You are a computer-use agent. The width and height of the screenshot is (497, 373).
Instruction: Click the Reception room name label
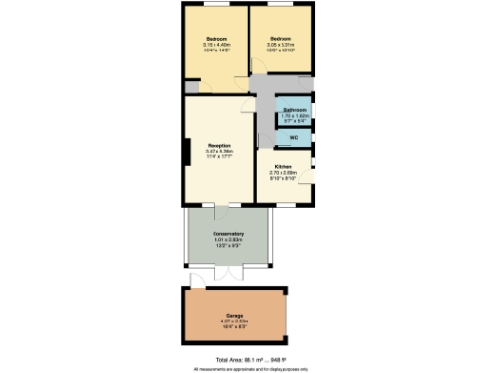pos(217,145)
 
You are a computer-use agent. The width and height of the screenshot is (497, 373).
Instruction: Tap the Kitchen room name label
pos(282,166)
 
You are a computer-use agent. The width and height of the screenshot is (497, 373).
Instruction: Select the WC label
pos(293,137)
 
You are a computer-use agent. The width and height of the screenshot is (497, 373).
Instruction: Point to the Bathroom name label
pos(295,111)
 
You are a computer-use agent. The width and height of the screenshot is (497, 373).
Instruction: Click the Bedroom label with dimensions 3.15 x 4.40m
pos(215,39)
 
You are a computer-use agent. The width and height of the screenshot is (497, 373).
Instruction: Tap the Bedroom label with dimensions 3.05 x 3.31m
pos(282,39)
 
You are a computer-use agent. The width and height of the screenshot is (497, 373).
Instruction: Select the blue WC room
pos(294,138)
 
